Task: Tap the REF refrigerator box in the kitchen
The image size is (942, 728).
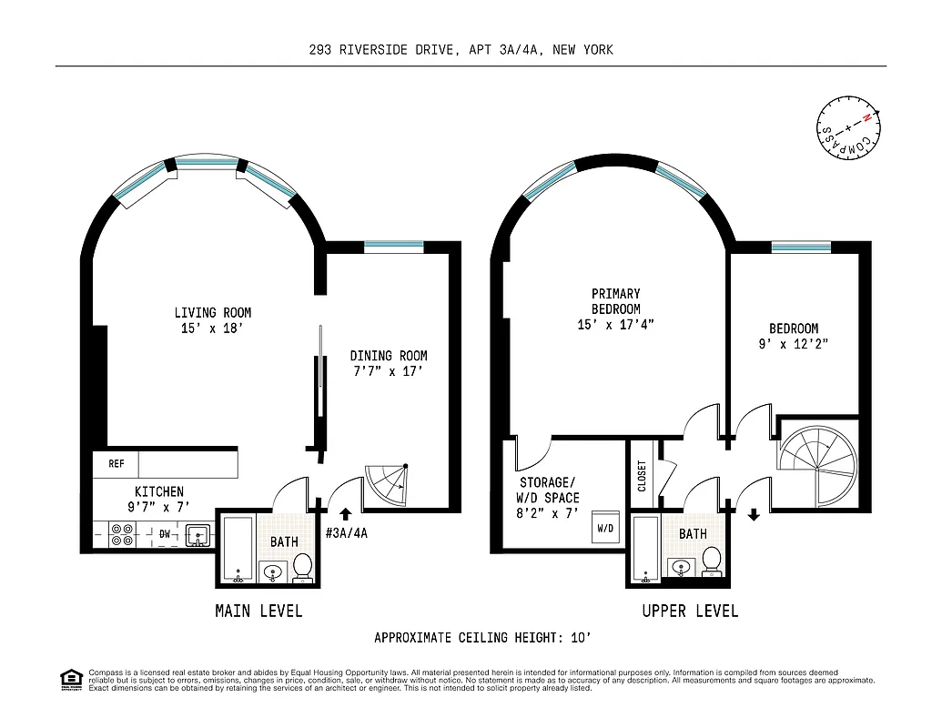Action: pos(116,464)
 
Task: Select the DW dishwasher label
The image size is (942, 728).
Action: pos(165,534)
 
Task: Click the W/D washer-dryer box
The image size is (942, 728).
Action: pos(605,529)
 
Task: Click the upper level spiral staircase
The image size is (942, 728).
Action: pos(816,464)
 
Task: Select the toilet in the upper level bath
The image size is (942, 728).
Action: pos(713,561)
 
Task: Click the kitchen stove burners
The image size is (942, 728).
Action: pos(120,534)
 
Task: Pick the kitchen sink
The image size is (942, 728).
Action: pos(198,536)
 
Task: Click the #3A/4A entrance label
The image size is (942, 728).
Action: pos(347,533)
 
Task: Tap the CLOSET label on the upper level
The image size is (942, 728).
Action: pos(642,476)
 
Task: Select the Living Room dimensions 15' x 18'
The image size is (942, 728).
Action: pos(213,329)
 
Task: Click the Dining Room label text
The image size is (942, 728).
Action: pos(389,356)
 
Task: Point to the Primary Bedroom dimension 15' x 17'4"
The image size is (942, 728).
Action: pos(616,324)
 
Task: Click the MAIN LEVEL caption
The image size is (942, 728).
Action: pos(258,611)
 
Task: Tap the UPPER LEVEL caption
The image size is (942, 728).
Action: pos(690,611)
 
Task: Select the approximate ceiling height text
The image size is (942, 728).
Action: pos(488,638)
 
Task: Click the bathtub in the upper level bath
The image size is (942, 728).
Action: pos(645,550)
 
